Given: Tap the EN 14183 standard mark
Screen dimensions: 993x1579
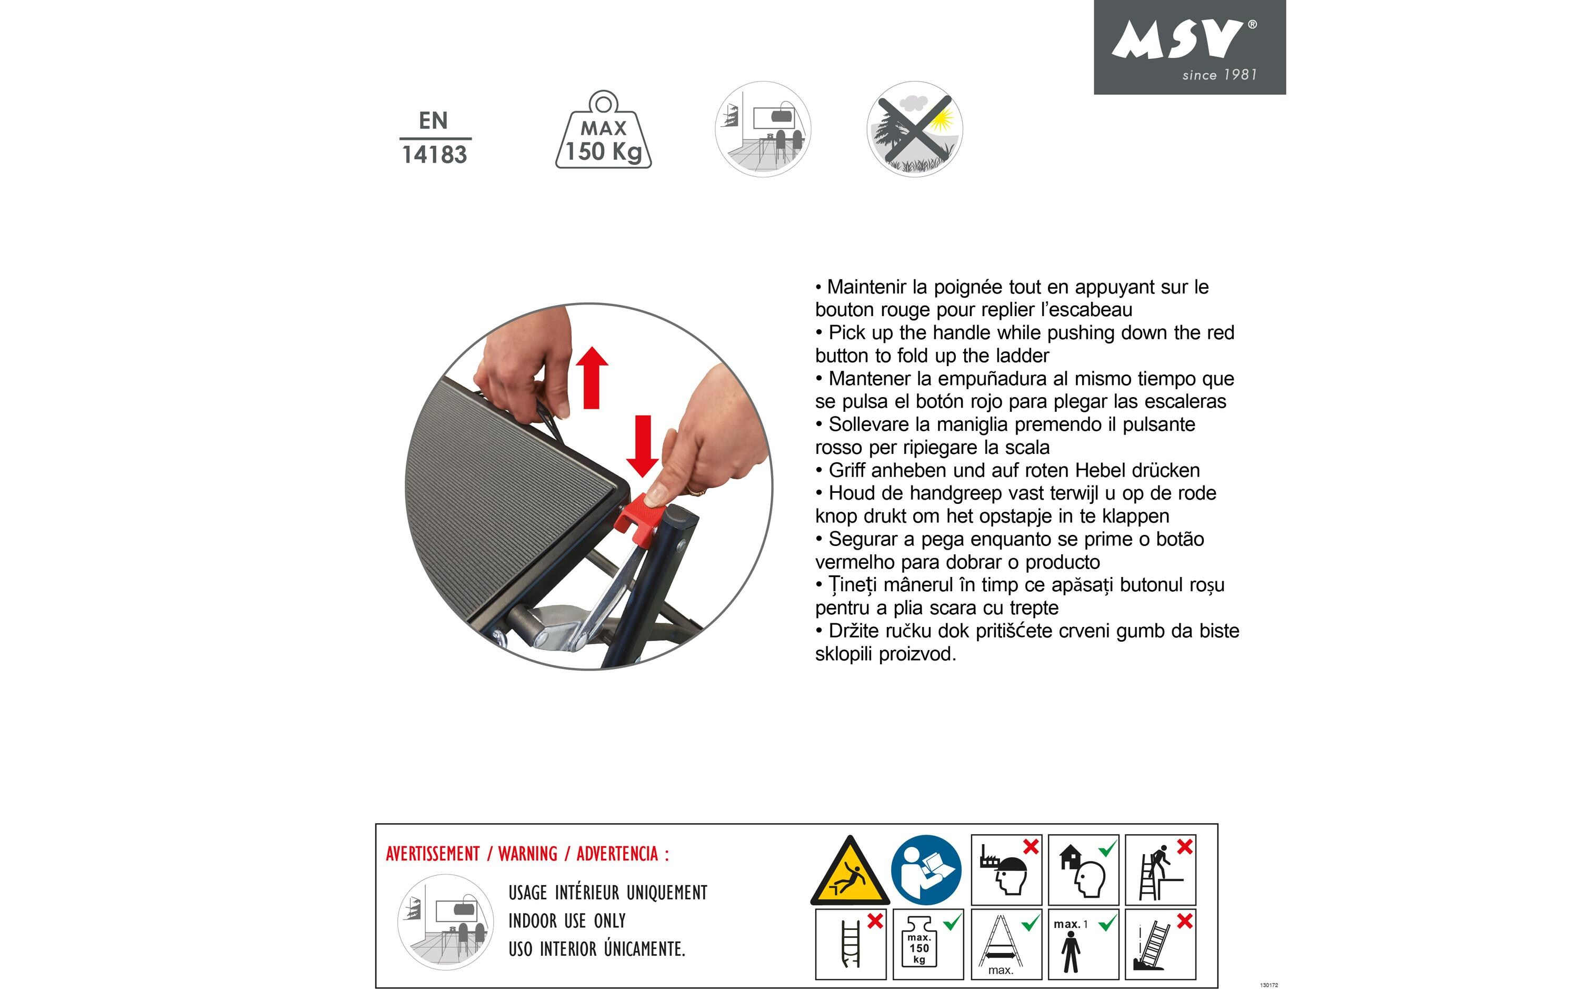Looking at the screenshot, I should tap(434, 138).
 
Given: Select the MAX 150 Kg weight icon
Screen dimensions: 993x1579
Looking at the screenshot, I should tap(603, 131).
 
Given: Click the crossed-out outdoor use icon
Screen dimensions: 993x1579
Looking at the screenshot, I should tap(915, 129).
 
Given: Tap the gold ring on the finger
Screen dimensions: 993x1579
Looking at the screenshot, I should tap(696, 491).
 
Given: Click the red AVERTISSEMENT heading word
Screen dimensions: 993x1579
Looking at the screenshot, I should tap(433, 854).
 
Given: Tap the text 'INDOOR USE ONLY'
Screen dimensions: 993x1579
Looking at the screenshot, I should tap(567, 921).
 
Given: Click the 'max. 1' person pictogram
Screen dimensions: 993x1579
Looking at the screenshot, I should tap(1083, 945).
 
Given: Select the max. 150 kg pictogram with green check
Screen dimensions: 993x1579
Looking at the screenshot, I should tap(928, 945).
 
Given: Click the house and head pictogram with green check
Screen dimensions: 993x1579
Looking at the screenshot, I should tap(1083, 870).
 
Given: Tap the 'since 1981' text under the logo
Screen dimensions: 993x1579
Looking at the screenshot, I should tap(1219, 75).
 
